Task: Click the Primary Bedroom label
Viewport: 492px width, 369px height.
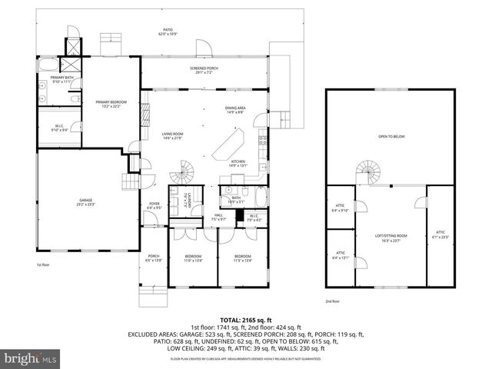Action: coord(111,104)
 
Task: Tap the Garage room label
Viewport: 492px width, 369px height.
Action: coord(85,202)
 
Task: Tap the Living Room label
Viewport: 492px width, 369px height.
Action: coord(172,136)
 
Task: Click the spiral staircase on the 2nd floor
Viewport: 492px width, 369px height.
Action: coord(368,171)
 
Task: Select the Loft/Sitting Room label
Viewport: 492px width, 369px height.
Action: coord(391,238)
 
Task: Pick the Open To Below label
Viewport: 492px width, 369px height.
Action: coord(391,137)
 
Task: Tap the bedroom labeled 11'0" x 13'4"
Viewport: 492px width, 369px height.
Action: coord(193,258)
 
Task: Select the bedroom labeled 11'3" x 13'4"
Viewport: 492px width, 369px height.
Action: coord(242,258)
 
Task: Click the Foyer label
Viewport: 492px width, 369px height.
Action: coord(155,205)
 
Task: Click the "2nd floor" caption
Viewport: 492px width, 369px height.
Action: coord(332,301)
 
